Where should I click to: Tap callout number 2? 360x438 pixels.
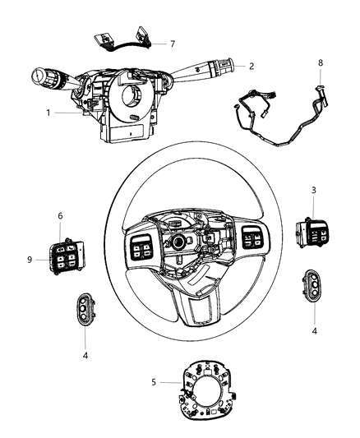click(252, 66)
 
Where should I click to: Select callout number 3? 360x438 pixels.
click(314, 214)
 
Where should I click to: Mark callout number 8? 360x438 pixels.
click(320, 62)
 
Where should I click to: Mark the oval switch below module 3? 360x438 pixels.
click(313, 285)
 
